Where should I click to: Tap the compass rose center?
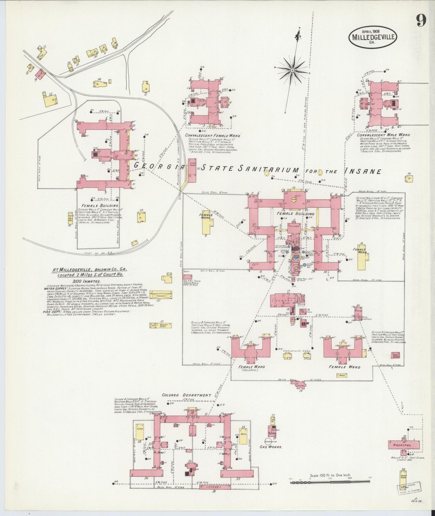[x=292, y=70]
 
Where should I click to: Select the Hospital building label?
[x=403, y=445]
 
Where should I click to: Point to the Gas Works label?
[x=271, y=447]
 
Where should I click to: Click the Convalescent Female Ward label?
[x=210, y=135]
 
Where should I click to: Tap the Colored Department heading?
[x=186, y=395]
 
